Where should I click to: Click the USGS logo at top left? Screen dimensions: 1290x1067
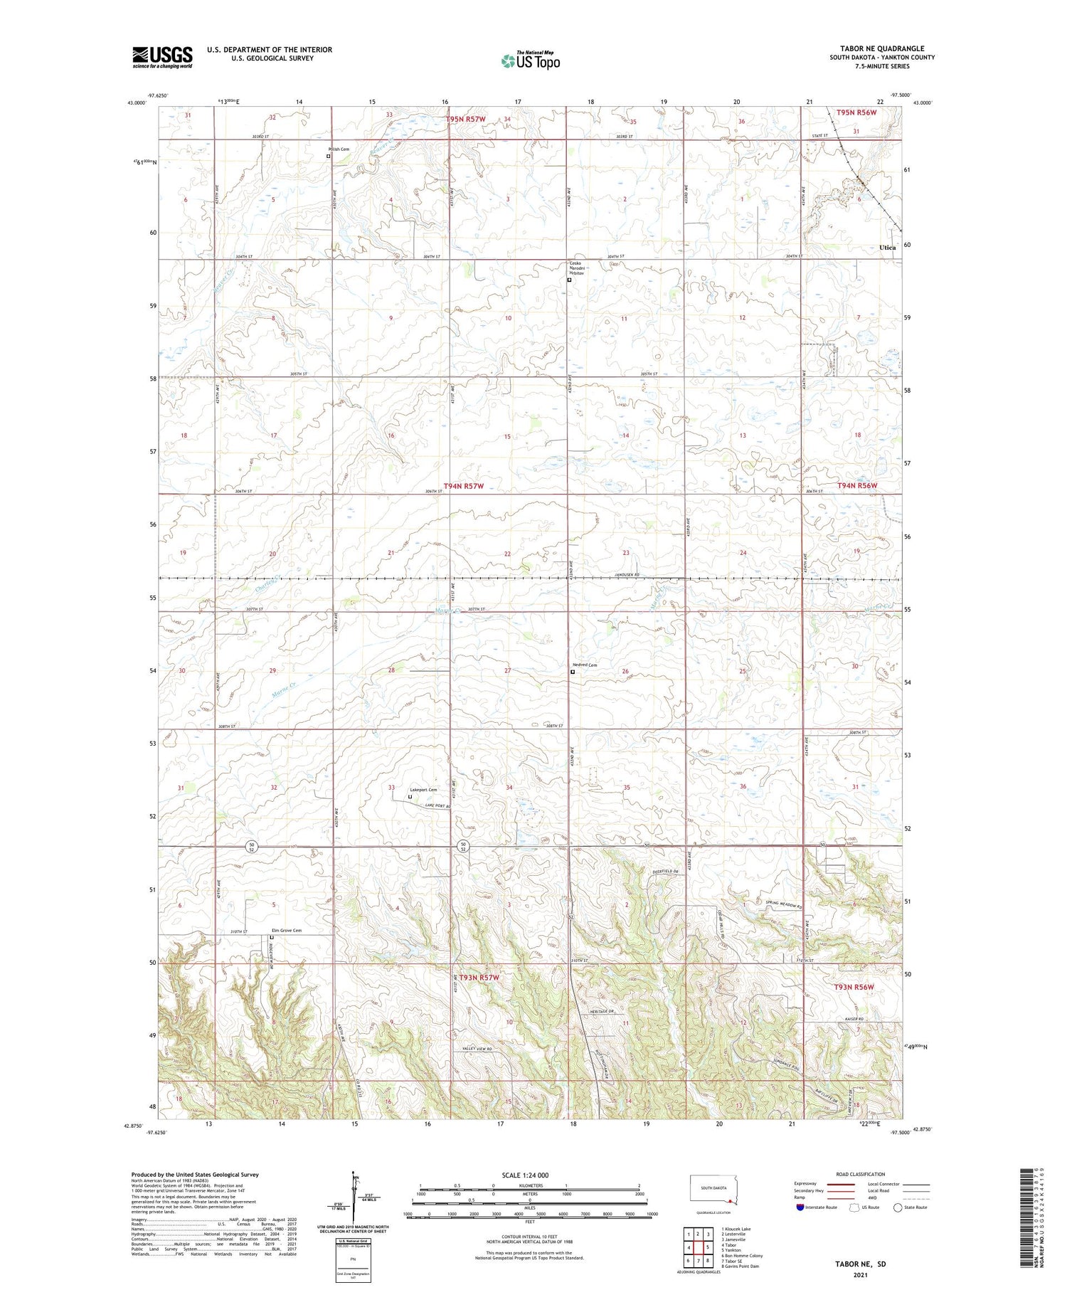pos(162,57)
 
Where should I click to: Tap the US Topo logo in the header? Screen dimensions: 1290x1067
pos(530,60)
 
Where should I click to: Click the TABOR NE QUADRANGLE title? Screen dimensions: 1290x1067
pos(881,49)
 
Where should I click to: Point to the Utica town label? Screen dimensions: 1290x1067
pos(887,248)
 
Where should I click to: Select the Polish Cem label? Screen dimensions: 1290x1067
pos(339,149)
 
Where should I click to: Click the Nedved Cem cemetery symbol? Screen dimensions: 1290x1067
pos(573,671)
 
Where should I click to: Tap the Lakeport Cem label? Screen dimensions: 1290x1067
pos(423,790)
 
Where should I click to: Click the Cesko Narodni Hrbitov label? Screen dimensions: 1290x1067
pos(577,268)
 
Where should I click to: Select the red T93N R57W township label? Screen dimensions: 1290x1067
pos(479,978)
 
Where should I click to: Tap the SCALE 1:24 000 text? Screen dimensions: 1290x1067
pos(525,1175)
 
